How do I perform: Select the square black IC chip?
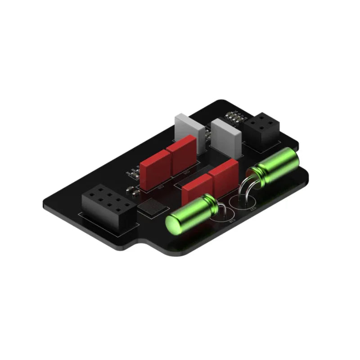153,207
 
